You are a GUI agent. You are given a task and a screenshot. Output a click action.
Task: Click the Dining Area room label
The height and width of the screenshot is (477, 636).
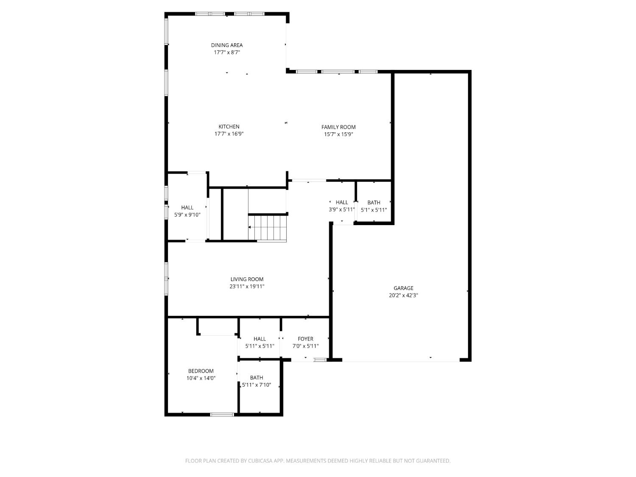tap(227, 45)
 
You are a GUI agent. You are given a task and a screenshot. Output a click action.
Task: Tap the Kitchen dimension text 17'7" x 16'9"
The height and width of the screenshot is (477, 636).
tap(229, 134)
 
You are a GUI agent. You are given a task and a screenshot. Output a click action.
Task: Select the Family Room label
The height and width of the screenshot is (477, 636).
tap(338, 127)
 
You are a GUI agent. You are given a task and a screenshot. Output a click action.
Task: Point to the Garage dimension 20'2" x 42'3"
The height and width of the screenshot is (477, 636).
tap(403, 296)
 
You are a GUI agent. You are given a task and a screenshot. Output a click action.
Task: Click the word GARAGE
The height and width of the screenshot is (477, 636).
tap(403, 288)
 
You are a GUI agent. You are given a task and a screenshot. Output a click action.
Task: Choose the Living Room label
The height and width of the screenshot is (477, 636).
tap(247, 279)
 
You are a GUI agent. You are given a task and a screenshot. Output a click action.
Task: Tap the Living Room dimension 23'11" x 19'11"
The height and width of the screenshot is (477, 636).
tap(247, 287)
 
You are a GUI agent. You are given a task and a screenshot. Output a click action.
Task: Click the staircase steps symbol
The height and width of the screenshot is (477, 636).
tap(268, 228)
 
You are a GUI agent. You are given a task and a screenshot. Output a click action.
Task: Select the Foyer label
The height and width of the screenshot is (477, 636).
tap(305, 339)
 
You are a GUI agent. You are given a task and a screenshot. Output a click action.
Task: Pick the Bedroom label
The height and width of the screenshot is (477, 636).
tap(201, 371)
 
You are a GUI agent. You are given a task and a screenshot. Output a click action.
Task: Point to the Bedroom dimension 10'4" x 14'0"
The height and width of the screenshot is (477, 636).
tap(201, 378)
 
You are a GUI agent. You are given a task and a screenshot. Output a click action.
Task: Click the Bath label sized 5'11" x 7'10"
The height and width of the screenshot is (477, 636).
tap(257, 378)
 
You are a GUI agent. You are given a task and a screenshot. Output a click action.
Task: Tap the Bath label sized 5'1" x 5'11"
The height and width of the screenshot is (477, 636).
tap(374, 203)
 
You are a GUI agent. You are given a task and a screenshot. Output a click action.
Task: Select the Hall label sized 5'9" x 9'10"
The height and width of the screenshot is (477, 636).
tap(187, 208)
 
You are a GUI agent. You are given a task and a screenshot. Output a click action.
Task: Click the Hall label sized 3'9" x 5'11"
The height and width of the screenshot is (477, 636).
tap(342, 203)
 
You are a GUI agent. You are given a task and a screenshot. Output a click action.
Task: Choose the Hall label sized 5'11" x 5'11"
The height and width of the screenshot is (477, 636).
tap(259, 339)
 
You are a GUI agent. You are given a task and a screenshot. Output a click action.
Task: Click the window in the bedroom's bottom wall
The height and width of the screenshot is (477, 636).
tap(222, 414)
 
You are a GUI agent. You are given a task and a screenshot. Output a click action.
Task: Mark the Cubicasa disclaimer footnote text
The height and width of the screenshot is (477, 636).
tap(318, 461)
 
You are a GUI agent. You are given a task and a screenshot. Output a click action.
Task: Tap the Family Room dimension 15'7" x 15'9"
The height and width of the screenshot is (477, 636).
tap(338, 134)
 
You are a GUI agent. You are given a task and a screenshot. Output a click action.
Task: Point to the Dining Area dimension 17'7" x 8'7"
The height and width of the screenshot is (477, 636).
tap(227, 53)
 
